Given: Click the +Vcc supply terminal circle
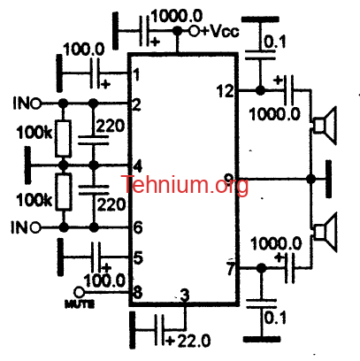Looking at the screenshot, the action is coord(195,31).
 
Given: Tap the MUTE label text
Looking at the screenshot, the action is coord(80,303).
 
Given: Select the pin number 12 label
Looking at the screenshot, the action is coord(225,91).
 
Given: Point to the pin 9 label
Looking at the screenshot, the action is coord(228,178).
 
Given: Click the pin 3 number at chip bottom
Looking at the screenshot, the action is coord(185,296).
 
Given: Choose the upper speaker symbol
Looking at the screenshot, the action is coord(325,126).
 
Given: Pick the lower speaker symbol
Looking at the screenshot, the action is coord(325,233).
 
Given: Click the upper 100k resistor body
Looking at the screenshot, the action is coord(63,138).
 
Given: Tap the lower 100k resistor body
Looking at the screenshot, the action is coord(64,192).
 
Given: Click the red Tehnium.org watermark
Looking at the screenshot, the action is coord(185,184).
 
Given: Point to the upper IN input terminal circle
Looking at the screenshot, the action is coord(35,104).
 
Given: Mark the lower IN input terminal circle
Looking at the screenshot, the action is coord(35,227).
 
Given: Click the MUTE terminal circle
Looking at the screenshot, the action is coord(79,292).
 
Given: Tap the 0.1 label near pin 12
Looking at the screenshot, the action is coord(275,42).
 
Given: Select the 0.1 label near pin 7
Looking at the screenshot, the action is coord(275,318).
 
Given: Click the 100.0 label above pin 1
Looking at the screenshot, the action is coord(84,49).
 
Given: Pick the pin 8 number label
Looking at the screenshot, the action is coord(138,292).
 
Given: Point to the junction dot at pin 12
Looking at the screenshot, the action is coord(260,90).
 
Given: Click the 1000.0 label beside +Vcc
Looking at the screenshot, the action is coord(177,15).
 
